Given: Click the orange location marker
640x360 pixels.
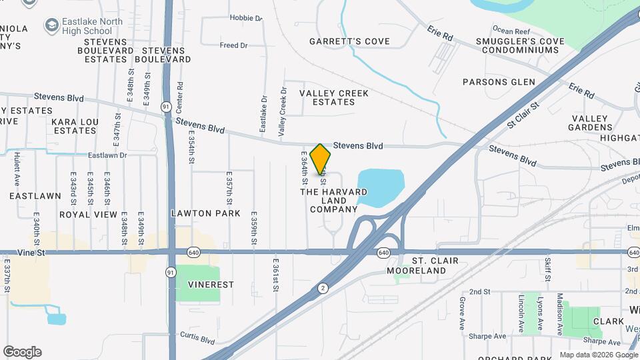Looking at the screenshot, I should [321, 159].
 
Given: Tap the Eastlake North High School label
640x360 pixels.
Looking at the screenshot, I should [87, 26].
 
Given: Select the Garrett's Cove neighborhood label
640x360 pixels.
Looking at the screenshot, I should [349, 41].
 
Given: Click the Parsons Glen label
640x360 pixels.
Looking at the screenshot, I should [499, 82].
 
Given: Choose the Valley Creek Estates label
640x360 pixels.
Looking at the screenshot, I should [334, 97].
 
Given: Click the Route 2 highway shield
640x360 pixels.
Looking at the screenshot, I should [323, 288].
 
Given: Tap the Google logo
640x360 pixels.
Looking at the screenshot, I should [22, 352].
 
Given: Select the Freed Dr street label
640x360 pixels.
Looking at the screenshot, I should [233, 45].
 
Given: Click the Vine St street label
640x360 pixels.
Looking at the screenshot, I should [31, 253].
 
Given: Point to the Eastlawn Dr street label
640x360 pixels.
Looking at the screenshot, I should [107, 155].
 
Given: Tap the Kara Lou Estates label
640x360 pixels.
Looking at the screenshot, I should [75, 126].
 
